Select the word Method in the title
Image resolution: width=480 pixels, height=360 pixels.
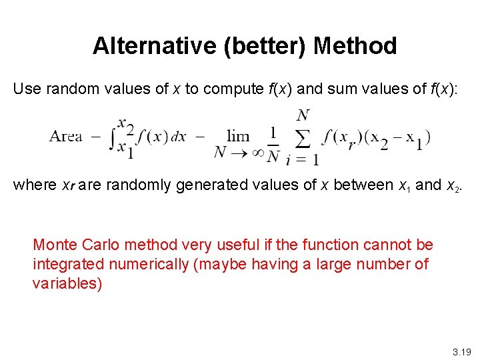(x=355, y=46)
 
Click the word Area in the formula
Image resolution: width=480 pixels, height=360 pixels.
(x=65, y=137)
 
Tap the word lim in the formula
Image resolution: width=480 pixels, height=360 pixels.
(x=238, y=136)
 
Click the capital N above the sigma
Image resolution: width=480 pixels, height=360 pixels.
(x=303, y=115)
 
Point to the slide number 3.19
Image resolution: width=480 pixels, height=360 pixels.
(x=461, y=351)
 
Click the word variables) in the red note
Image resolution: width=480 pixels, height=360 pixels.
(x=67, y=283)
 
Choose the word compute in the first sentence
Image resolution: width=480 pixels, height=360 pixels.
(x=228, y=89)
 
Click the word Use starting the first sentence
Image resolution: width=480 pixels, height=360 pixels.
(x=27, y=89)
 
